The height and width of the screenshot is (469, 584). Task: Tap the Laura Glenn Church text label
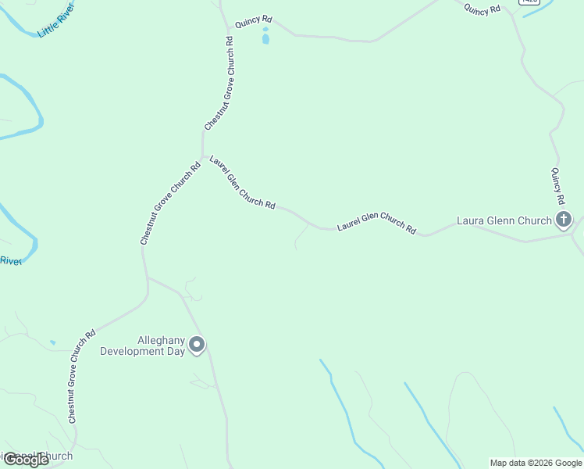(504, 220)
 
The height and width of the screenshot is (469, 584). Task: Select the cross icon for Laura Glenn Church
(564, 220)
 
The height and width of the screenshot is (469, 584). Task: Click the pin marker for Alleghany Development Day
(197, 345)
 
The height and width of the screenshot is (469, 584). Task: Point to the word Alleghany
(160, 340)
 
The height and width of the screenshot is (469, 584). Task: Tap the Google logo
(25, 460)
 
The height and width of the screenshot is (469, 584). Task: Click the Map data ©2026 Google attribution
(536, 463)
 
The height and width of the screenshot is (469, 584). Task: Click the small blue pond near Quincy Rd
(265, 37)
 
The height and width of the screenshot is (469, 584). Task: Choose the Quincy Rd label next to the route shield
(482, 8)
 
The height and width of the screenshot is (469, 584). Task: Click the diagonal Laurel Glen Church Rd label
(242, 182)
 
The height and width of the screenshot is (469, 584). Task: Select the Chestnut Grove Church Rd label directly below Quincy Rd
(219, 84)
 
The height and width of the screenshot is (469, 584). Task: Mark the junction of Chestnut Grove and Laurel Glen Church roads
(201, 154)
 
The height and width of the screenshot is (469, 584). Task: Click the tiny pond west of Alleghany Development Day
(52, 342)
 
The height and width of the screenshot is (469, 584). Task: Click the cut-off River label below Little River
(10, 261)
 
